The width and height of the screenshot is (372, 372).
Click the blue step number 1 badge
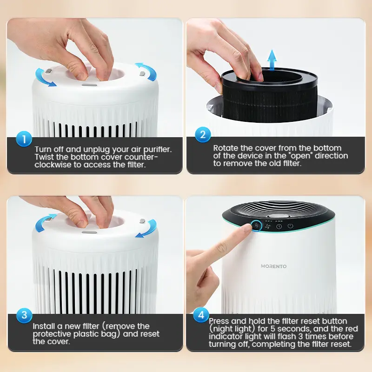tap(24, 139)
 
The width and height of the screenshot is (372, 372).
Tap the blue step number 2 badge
tap(203, 134)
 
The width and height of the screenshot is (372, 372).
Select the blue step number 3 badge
tap(24, 315)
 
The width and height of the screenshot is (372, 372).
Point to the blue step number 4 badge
tap(201, 315)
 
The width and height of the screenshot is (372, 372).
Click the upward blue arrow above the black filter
tap(272, 60)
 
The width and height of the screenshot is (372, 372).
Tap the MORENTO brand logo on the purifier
tap(274, 266)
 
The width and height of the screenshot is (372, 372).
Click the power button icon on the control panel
tap(290, 226)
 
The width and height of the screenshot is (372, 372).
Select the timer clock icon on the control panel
tap(279, 226)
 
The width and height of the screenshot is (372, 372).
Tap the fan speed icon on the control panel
tap(268, 226)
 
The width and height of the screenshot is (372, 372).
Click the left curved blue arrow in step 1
tap(43, 78)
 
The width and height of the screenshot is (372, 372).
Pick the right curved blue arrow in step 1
tap(147, 71)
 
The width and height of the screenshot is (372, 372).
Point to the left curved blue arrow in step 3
tap(44, 222)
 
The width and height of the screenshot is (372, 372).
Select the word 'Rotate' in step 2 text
tap(226, 148)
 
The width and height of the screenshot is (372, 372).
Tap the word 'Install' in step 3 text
tap(44, 326)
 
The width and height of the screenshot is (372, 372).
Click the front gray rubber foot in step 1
tap(89, 85)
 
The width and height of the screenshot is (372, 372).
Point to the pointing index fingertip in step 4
tap(247, 228)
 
